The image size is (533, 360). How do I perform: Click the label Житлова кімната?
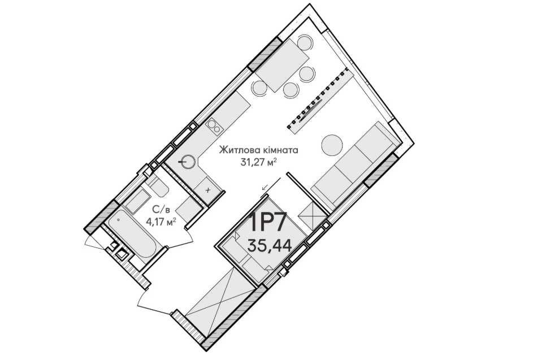coord(258,150)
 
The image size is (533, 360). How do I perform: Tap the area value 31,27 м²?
coord(258,163)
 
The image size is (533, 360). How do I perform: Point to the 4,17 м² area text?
coord(161,222)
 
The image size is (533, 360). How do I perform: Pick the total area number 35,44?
coord(270,245)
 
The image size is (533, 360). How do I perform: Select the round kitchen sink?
coord(188,161)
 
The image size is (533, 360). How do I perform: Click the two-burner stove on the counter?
coord(214,126)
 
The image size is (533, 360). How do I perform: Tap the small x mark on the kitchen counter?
coord(208,190)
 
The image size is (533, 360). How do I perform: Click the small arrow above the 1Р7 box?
coord(266,186)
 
